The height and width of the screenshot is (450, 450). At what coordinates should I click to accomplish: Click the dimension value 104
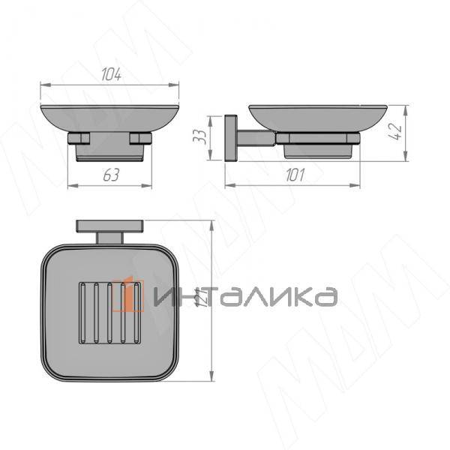point(111,74)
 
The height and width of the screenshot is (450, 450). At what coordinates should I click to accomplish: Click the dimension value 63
point(111,175)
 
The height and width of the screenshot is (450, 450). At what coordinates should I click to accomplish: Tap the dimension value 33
point(199,137)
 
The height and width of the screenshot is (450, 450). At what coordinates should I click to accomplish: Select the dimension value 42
point(396,132)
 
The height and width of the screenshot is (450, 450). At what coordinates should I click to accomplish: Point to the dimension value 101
point(295,175)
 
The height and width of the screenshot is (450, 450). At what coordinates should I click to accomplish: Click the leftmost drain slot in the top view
point(82,313)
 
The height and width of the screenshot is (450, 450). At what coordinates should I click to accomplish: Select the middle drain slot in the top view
point(109,313)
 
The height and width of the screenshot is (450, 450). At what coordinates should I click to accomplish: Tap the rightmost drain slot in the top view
point(136,313)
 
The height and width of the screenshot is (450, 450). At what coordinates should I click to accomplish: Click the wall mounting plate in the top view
point(110,226)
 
